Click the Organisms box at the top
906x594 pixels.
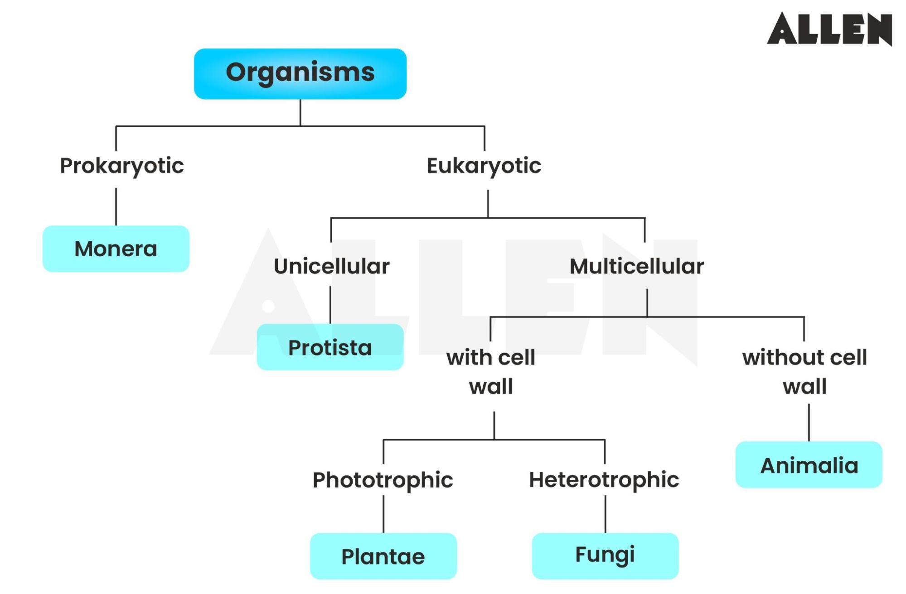pos(300,74)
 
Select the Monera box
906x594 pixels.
pos(116,249)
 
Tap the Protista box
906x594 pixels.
pos(330,347)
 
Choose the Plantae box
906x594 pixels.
pos(383,556)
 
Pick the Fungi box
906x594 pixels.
pos(605,556)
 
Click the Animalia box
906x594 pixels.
pos(809,465)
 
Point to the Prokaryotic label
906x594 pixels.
pos(122,166)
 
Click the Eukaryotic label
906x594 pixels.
pos(484,166)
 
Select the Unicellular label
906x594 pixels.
pos(331,266)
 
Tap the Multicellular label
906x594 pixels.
pos(637,266)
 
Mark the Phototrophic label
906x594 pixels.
pos(383,480)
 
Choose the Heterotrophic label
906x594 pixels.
pos(604,480)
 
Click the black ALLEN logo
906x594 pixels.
pos(829,29)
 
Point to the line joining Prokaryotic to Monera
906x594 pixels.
pos(116,207)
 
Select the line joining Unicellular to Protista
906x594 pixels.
pos(330,305)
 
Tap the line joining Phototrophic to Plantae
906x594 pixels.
pos(383,514)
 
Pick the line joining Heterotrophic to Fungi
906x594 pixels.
pos(605,514)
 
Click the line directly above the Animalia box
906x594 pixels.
pos(809,422)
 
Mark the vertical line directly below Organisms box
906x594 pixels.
pos(300,112)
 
